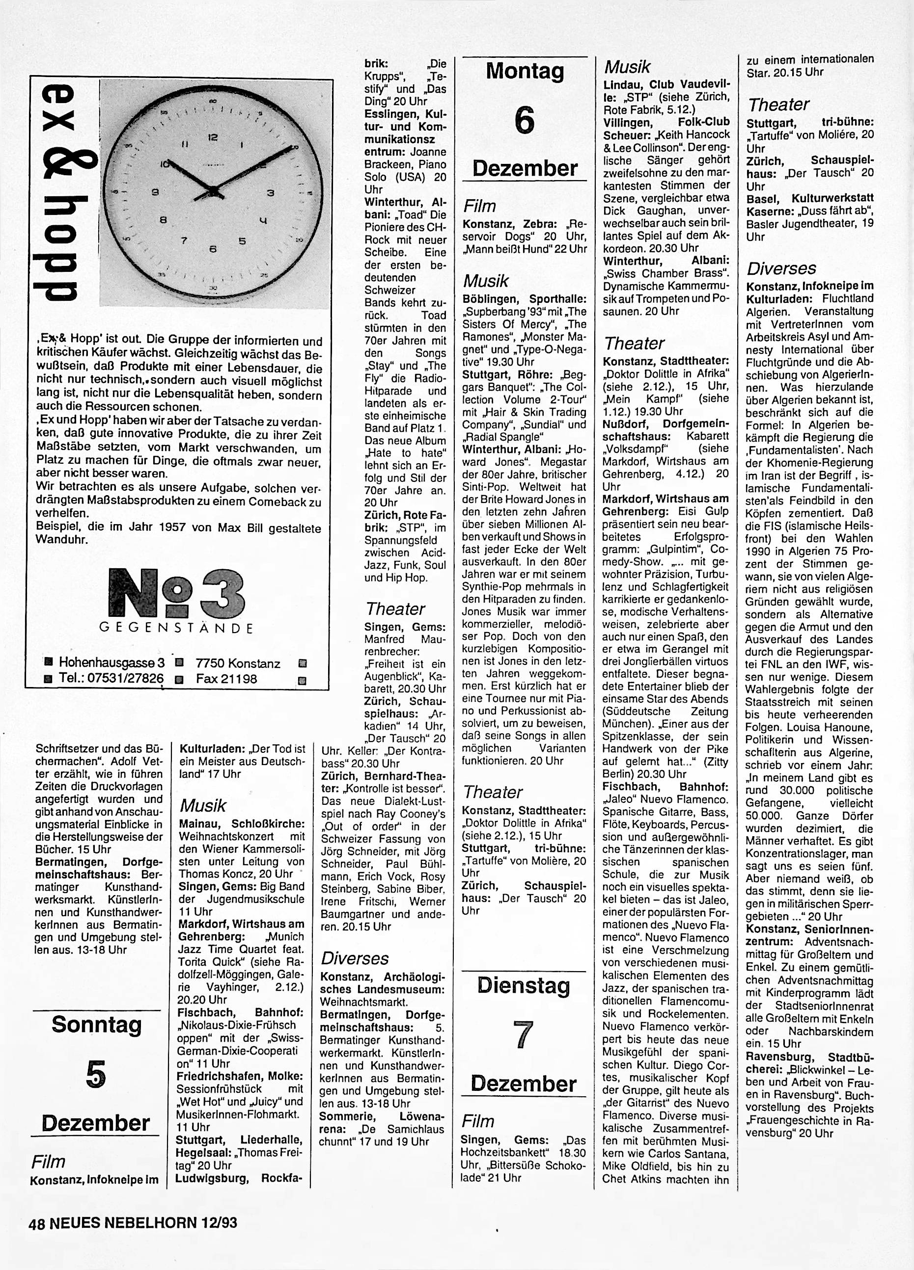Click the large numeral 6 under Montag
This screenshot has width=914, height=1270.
click(x=524, y=120)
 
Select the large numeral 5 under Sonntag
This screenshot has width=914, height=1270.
click(x=96, y=1075)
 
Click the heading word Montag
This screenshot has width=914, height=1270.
click(x=525, y=71)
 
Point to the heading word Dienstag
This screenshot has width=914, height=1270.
click(x=524, y=985)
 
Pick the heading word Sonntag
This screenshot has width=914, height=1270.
click(x=96, y=1024)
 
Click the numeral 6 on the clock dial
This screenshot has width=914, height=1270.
click(x=212, y=250)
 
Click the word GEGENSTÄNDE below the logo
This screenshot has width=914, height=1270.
click(x=176, y=628)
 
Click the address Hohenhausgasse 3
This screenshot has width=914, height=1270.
click(x=111, y=663)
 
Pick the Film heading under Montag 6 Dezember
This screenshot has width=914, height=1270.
click(x=479, y=206)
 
